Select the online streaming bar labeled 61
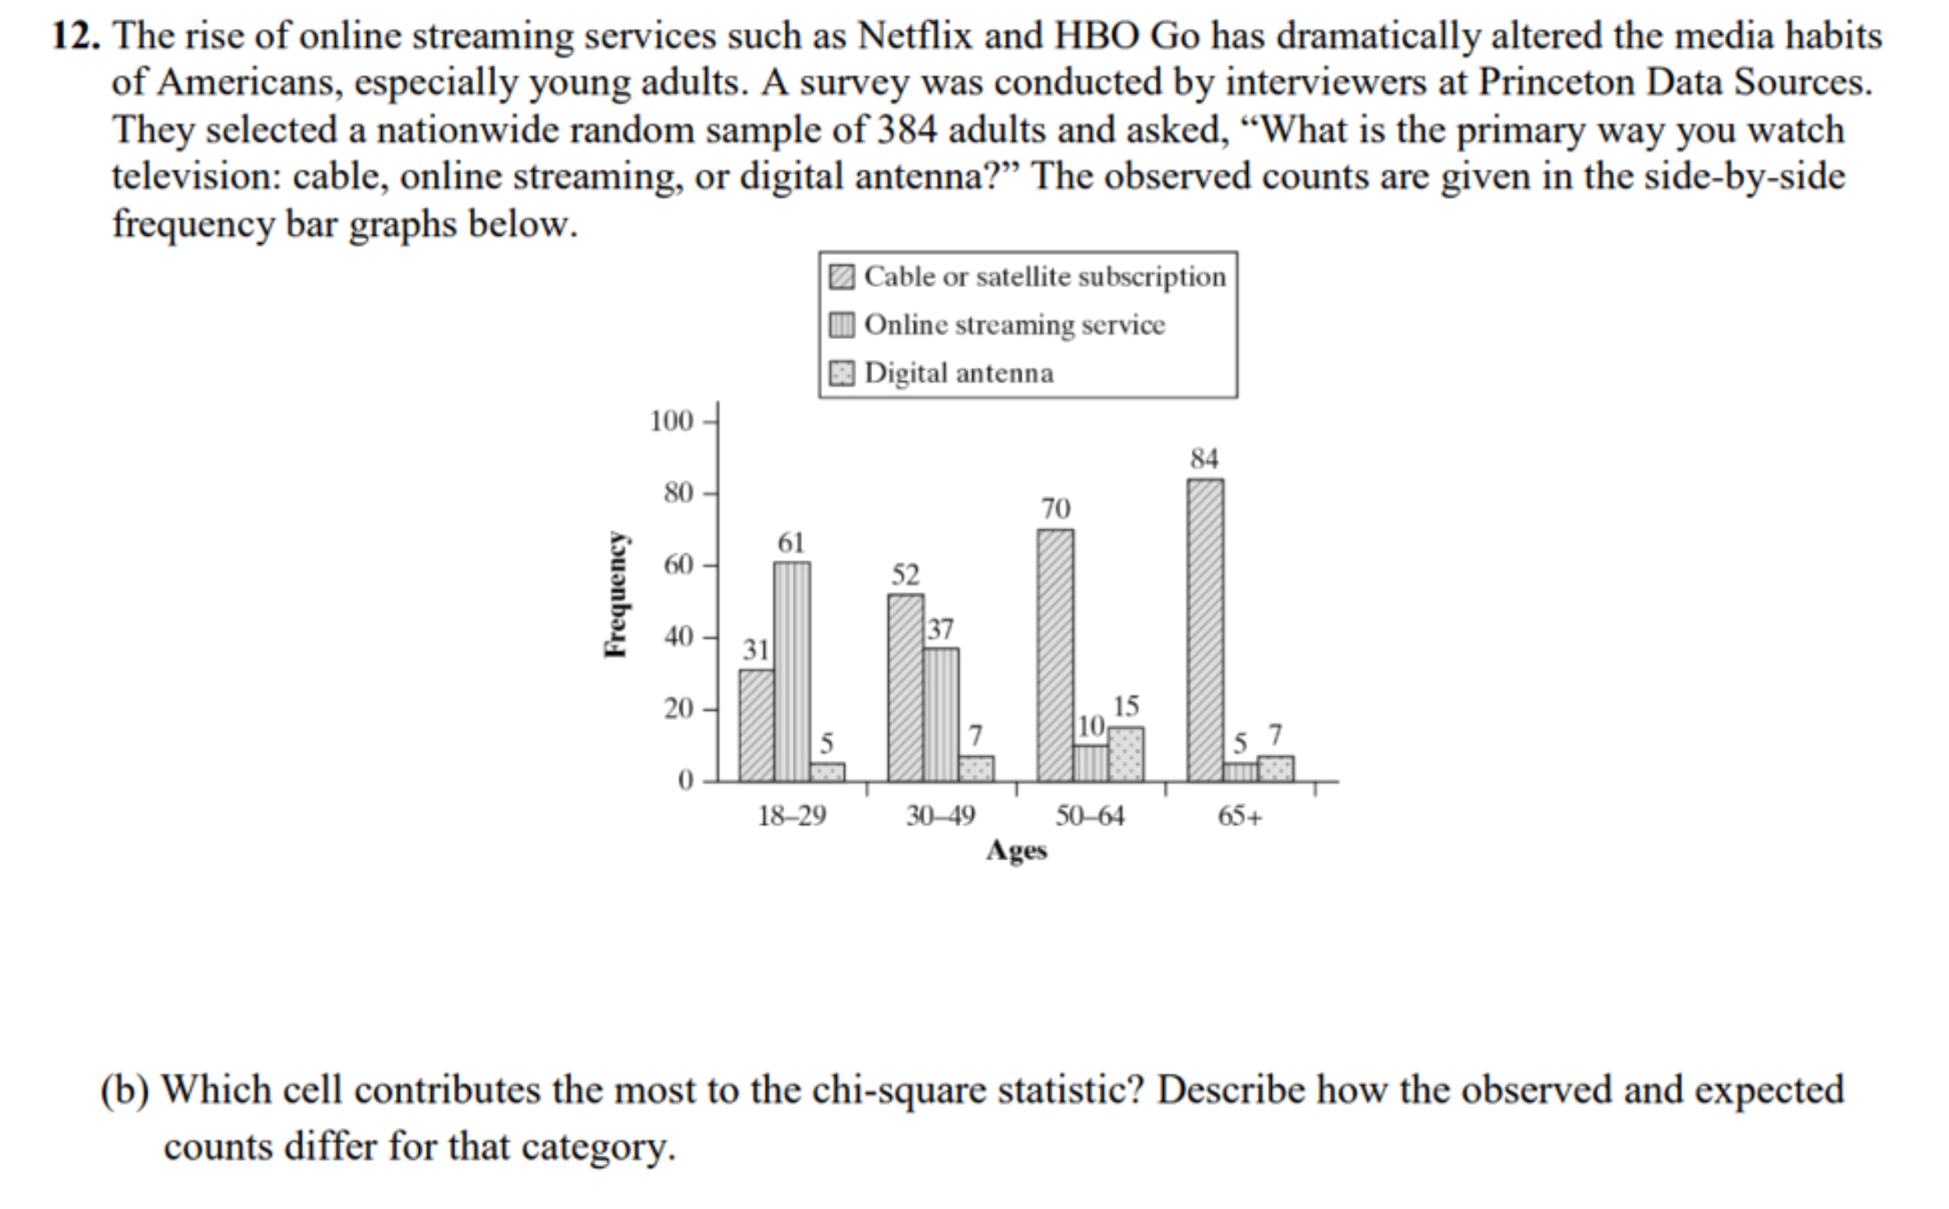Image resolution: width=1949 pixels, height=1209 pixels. click(x=791, y=672)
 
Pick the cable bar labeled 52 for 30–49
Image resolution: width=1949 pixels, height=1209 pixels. click(x=905, y=687)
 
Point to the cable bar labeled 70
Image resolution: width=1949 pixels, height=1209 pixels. click(x=1054, y=656)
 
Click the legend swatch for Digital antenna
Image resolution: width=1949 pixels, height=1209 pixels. click(x=841, y=373)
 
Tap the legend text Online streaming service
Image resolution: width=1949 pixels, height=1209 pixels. click(x=1014, y=325)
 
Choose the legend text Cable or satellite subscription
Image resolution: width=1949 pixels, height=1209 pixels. click(x=1044, y=276)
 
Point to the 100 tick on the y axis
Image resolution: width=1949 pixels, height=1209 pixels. click(x=672, y=421)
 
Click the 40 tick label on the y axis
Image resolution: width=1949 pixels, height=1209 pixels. click(x=678, y=637)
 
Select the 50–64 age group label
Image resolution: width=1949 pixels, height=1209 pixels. click(x=1089, y=815)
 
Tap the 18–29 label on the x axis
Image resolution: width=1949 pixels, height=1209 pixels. click(x=792, y=815)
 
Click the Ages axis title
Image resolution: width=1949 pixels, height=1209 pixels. click(x=1016, y=850)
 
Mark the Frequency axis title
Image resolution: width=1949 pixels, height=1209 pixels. click(x=615, y=594)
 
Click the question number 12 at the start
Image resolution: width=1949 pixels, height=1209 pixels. click(x=75, y=37)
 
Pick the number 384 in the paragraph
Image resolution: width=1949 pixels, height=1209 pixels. click(x=907, y=130)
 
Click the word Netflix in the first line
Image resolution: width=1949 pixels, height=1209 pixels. click(x=914, y=37)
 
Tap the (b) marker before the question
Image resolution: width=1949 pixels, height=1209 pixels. click(x=124, y=1090)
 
